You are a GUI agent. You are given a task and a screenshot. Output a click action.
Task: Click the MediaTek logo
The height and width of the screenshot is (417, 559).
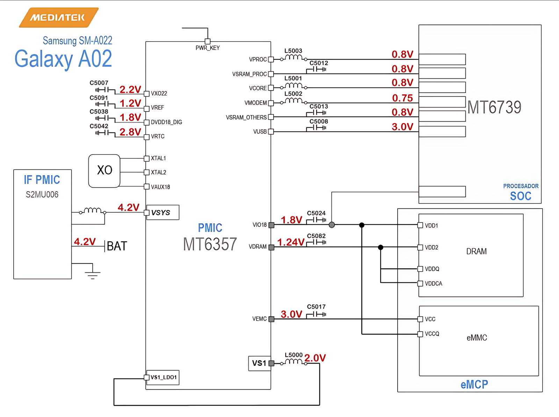tap(58, 17)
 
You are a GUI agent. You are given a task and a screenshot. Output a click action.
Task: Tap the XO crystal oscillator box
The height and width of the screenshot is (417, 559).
tap(104, 171)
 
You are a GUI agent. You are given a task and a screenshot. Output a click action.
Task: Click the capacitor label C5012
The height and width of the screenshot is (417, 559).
tap(319, 63)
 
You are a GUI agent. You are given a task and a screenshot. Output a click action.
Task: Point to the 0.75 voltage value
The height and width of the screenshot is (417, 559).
tap(402, 98)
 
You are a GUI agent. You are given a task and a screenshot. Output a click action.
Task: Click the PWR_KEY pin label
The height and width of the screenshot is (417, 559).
tap(208, 48)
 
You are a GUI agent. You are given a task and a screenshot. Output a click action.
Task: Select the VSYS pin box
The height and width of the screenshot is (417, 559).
tap(162, 213)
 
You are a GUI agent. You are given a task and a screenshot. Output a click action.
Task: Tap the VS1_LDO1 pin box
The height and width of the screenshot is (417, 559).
tap(163, 378)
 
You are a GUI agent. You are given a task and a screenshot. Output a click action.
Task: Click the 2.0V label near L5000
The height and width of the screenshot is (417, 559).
tap(315, 358)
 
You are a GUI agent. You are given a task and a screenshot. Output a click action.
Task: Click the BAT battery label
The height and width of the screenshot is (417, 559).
tap(117, 246)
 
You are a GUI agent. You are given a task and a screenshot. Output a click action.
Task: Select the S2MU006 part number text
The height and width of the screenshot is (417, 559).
tap(42, 195)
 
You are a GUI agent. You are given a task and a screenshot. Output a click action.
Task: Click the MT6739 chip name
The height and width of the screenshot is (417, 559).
tap(494, 107)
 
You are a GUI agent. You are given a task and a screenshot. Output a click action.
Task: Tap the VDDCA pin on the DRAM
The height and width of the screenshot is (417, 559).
tap(433, 283)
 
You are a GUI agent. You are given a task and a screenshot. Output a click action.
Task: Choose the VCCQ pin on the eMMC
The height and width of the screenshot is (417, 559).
tap(432, 334)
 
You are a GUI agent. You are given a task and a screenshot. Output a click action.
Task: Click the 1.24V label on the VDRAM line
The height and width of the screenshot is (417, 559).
tap(291, 242)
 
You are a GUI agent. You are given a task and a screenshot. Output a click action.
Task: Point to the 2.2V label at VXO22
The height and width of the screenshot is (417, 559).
tap(130, 89)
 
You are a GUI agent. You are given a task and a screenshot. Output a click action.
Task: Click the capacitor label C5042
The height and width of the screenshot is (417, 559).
tap(99, 126)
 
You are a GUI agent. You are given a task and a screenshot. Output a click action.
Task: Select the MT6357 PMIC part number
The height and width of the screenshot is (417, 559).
tap(210, 244)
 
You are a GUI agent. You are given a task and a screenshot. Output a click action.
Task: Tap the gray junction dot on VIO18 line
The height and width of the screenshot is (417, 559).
tap(332, 225)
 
